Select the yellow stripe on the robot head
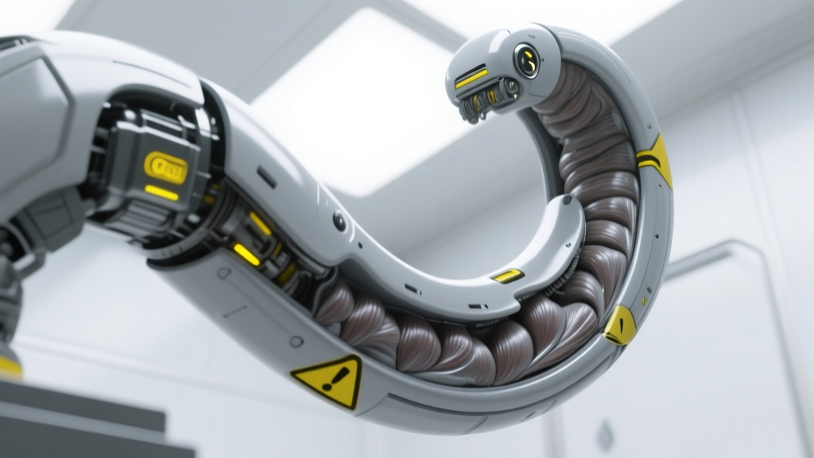tap(471, 77)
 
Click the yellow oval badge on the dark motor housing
tap(166, 166)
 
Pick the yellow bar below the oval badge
tap(162, 192)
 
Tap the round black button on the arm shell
tap(340, 222)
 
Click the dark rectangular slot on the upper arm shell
tap(267, 177)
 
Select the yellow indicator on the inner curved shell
tap(507, 275)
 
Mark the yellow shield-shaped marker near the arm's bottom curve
tap(619, 325)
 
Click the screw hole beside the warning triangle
tap(297, 341)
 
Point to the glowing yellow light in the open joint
tap(246, 254)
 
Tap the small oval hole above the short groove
tap(224, 273)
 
